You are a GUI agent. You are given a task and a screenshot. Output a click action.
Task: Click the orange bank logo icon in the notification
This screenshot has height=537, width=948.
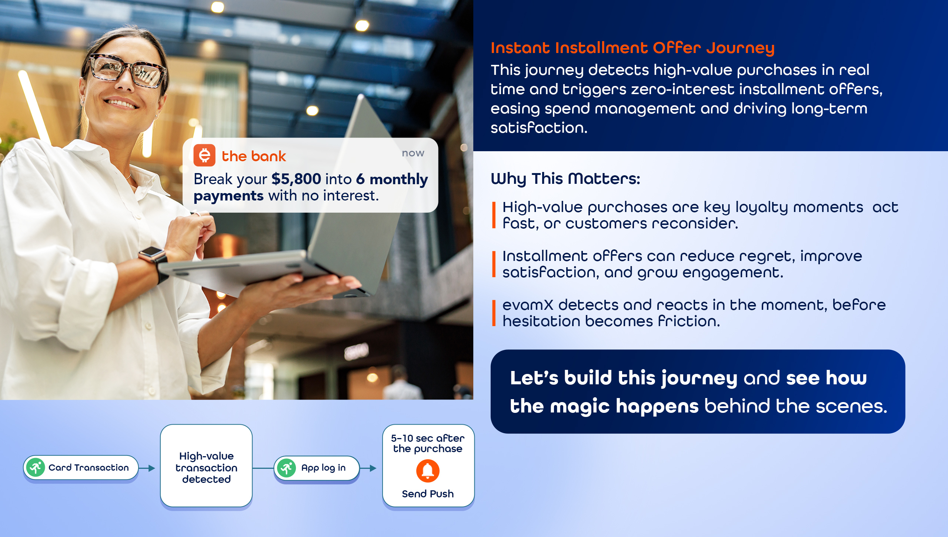pyautogui.click(x=204, y=155)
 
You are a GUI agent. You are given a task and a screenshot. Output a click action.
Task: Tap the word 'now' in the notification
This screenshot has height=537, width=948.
pyautogui.click(x=413, y=153)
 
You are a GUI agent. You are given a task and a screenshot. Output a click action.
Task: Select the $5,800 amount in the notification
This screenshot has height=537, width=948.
pyautogui.click(x=296, y=179)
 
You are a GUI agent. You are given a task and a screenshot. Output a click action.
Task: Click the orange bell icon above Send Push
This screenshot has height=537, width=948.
pyautogui.click(x=428, y=471)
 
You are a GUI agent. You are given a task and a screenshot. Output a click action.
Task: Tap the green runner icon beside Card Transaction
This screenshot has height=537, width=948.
pyautogui.click(x=36, y=467)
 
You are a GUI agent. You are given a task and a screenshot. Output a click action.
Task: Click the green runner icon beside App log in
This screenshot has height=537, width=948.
pyautogui.click(x=287, y=468)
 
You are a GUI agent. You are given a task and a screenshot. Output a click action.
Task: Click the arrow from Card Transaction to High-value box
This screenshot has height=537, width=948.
pyautogui.click(x=147, y=468)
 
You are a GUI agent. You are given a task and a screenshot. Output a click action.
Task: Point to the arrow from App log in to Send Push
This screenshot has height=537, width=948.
pyautogui.click(x=368, y=468)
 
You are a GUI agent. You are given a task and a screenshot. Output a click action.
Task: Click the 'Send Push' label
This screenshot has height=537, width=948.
pyautogui.click(x=428, y=494)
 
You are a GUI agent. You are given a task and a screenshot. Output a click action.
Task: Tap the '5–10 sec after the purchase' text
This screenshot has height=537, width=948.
pyautogui.click(x=428, y=444)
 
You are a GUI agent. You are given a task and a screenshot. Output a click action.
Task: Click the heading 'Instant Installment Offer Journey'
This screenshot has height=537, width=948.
pyautogui.click(x=632, y=48)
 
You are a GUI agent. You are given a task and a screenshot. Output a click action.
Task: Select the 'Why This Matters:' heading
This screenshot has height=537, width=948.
pyautogui.click(x=565, y=179)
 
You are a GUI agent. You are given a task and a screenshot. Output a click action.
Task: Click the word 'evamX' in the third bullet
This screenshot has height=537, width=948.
pyautogui.click(x=528, y=305)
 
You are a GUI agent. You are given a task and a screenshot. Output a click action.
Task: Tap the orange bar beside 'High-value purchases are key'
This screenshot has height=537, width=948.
pyautogui.click(x=494, y=215)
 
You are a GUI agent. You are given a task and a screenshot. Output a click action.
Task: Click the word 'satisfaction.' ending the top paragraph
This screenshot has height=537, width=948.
pyautogui.click(x=539, y=128)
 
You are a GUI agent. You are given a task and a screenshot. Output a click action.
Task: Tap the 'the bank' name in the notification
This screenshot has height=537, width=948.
pyautogui.click(x=254, y=156)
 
